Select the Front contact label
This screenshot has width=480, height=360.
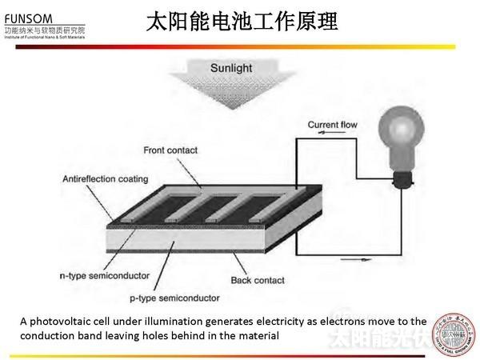(170, 150)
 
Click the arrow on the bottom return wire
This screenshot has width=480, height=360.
(355, 259)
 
